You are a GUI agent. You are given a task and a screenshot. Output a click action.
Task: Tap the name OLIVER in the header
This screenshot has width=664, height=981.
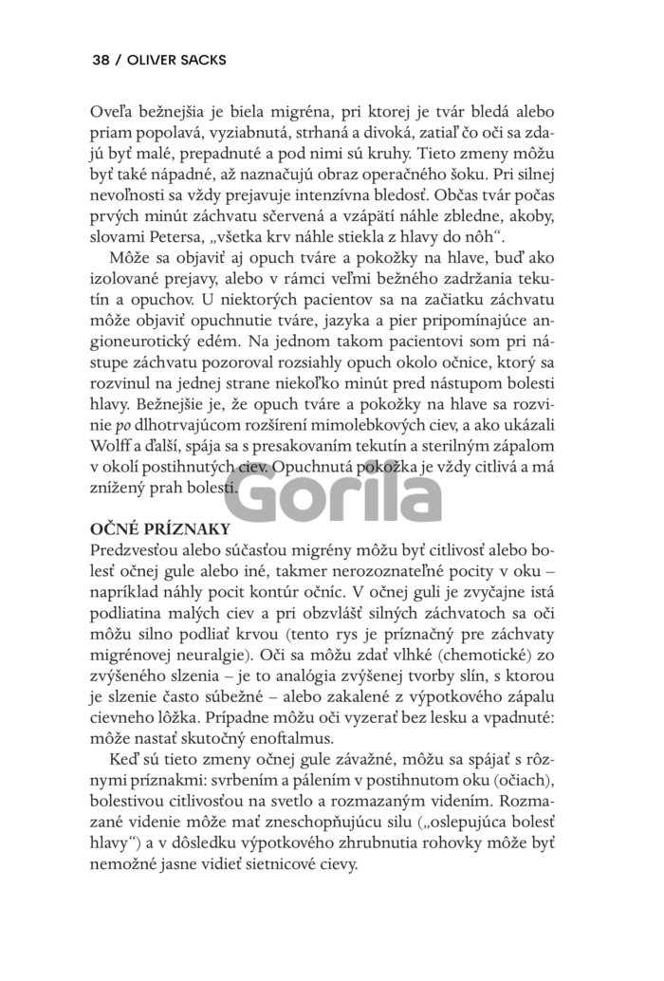(153, 59)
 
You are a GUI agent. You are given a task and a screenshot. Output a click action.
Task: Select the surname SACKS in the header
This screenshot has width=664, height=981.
(208, 59)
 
